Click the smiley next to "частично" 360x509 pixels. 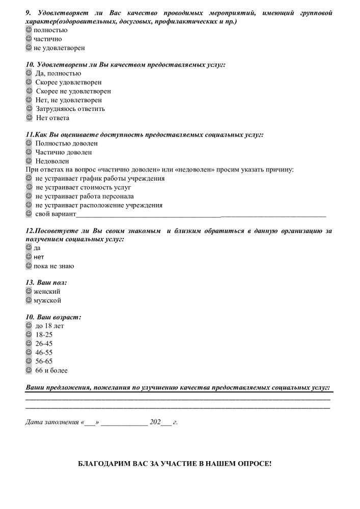[29, 39]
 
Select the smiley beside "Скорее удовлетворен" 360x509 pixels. [29, 82]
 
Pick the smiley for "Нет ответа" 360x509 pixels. [29, 118]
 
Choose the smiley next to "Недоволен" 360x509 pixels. [29, 161]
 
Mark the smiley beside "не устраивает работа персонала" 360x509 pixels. [29, 196]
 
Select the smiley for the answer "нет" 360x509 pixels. [29, 257]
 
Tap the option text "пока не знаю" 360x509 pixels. [54, 266]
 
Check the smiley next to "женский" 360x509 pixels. [29, 292]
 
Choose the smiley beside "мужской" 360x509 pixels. [29, 301]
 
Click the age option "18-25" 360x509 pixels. [44, 335]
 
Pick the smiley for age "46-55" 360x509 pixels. [29, 352]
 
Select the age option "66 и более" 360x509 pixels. [51, 371]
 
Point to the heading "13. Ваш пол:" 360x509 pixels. [46, 282]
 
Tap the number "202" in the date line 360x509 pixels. [155, 422]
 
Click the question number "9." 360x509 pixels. [29, 11]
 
